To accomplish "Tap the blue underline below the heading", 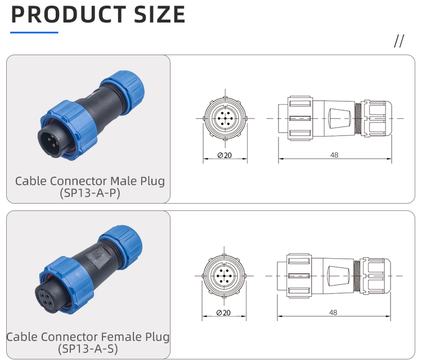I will click(34, 33).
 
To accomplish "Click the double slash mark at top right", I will click(399, 41).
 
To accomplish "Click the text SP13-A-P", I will click(90, 193).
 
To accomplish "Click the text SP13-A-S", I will click(90, 349).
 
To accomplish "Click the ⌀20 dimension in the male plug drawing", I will click(225, 155).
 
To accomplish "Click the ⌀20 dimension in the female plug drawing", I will click(225, 312).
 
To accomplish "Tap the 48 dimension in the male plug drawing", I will click(334, 155).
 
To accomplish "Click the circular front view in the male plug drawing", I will click(225, 119).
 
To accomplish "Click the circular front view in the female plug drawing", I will click(225, 275).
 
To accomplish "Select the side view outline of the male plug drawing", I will click(334, 119).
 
